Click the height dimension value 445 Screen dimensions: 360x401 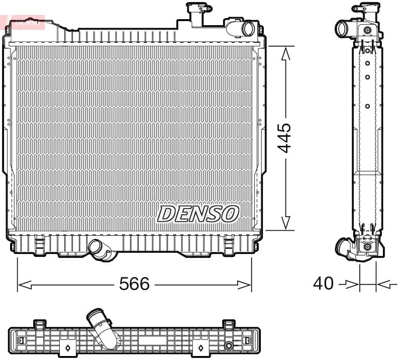(x=285, y=138)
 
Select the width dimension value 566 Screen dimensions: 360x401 (x=134, y=284)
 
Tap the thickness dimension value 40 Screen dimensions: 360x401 (x=323, y=284)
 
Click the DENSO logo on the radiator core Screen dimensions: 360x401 (x=197, y=213)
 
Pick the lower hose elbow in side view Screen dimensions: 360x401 (x=345, y=248)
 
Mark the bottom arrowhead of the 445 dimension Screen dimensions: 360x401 (x=285, y=223)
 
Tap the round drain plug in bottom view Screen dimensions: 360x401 (x=229, y=345)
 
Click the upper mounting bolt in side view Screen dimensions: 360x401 (x=368, y=31)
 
